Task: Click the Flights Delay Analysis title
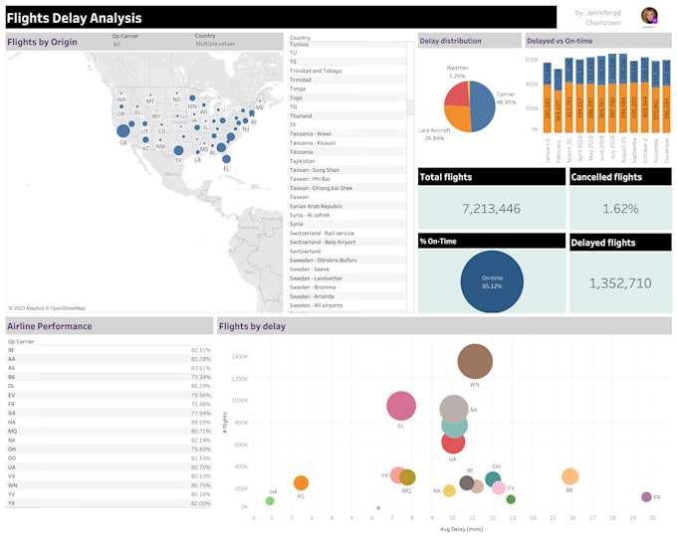(76, 18)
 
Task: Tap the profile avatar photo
(649, 16)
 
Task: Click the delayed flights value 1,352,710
(620, 283)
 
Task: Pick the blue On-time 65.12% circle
(491, 281)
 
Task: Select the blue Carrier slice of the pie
(481, 105)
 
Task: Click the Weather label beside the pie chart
(457, 70)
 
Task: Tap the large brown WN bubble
(475, 363)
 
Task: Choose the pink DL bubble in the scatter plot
(401, 406)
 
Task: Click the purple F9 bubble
(646, 496)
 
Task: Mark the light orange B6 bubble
(569, 476)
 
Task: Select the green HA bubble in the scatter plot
(270, 500)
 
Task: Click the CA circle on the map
(122, 131)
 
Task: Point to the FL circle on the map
(226, 158)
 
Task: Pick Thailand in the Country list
(301, 115)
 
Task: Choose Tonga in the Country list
(298, 89)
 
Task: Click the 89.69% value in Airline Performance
(200, 422)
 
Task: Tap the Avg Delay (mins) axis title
(461, 530)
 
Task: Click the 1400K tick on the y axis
(239, 355)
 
